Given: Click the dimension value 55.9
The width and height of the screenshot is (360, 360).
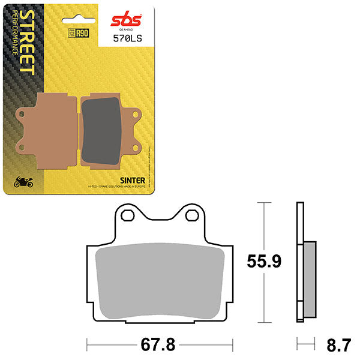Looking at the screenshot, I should pyautogui.click(x=265, y=262).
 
